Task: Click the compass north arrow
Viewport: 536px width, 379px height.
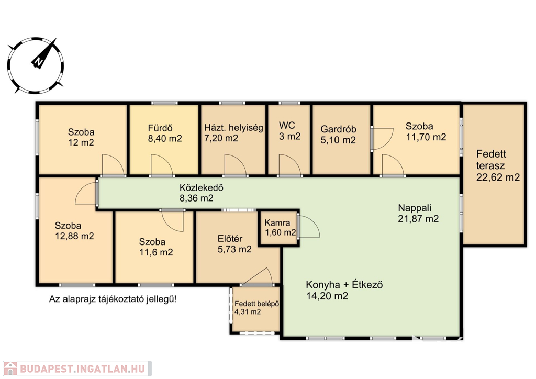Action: (x=44, y=53)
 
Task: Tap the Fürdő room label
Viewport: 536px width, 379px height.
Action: (x=160, y=128)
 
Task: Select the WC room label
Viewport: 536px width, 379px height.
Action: (x=287, y=126)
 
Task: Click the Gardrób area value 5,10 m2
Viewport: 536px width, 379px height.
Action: (x=338, y=140)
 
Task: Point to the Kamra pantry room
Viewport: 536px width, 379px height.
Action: (x=278, y=228)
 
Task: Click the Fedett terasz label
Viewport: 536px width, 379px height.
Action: (x=491, y=160)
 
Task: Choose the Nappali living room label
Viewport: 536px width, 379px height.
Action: (x=415, y=208)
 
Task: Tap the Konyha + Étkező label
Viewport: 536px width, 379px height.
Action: (x=344, y=285)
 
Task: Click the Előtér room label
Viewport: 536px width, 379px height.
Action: (x=230, y=239)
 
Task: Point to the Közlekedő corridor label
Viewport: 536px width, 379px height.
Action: (x=202, y=187)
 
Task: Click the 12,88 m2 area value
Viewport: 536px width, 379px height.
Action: (x=74, y=236)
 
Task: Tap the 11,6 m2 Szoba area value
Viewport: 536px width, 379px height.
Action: (x=156, y=252)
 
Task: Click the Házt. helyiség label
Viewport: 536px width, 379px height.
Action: (x=233, y=128)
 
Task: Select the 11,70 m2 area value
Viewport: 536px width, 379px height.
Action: (x=426, y=137)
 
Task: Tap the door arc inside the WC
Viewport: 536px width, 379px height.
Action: (x=290, y=165)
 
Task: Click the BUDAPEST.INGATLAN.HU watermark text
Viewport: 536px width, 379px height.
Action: (x=82, y=369)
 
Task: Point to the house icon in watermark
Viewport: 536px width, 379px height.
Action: (x=10, y=369)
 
